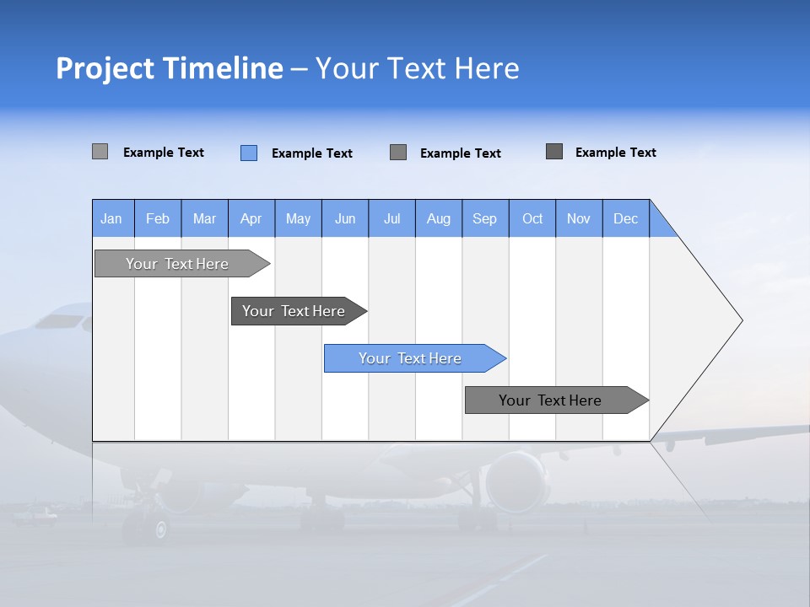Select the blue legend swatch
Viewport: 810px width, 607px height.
click(249, 153)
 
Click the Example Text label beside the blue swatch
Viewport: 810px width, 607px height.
click(311, 153)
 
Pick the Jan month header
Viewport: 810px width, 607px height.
click(111, 218)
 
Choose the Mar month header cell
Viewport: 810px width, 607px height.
click(204, 218)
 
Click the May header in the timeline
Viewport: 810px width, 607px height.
click(298, 218)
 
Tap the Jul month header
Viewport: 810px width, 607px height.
click(391, 218)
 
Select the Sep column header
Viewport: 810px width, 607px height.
click(484, 218)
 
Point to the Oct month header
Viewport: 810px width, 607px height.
click(532, 218)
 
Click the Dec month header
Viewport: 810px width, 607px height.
click(625, 218)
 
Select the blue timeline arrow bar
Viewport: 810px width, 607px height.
click(410, 358)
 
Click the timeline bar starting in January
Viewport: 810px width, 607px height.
click(177, 264)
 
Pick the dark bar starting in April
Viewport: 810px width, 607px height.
click(294, 311)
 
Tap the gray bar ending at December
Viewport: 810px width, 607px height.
click(550, 400)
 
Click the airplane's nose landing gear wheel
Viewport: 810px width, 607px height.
click(159, 529)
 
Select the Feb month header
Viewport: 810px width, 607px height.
click(158, 218)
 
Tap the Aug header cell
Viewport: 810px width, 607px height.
click(438, 218)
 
